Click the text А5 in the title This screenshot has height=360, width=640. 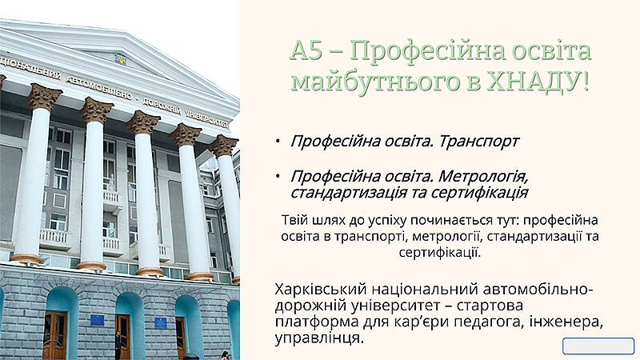click(306, 50)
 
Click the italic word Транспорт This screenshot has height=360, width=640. click(478, 142)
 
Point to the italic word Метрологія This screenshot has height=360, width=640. click(483, 176)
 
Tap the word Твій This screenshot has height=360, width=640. click(294, 220)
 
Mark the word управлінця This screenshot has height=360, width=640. click(318, 338)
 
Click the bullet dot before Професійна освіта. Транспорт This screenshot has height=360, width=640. click(278, 142)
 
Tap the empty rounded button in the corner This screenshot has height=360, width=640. click(598, 346)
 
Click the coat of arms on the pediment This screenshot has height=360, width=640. click(121, 59)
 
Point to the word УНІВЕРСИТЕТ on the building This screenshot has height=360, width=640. click(206, 117)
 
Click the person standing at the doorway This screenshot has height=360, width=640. click(118, 345)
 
